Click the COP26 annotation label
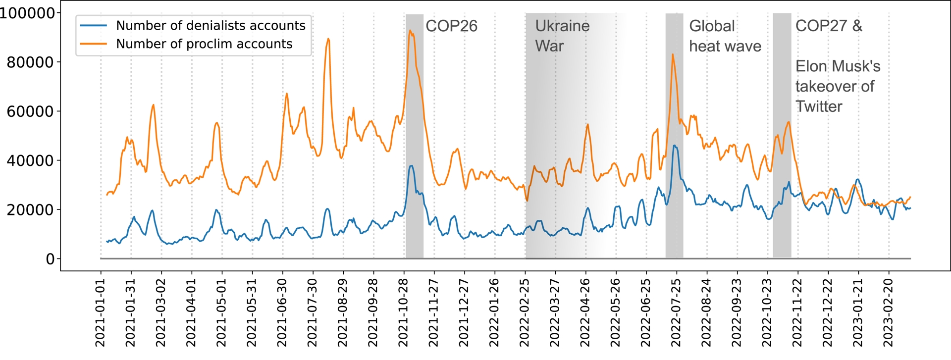tap(451, 26)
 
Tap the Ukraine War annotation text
tap(562, 36)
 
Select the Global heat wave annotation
tap(725, 36)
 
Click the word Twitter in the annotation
tap(819, 106)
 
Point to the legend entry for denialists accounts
tap(210, 25)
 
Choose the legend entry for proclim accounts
tap(204, 44)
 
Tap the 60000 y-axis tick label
tap(30, 111)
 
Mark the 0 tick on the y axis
tap(50, 258)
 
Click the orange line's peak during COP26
tap(410, 31)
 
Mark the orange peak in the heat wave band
tap(673, 54)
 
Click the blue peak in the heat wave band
tap(675, 146)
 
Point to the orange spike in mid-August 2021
tap(328, 39)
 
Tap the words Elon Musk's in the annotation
tap(838, 66)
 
